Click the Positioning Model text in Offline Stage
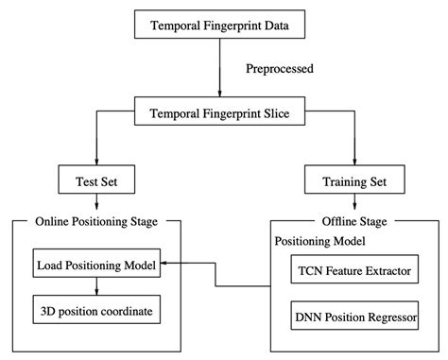[321, 242]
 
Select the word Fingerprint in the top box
[234, 26]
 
